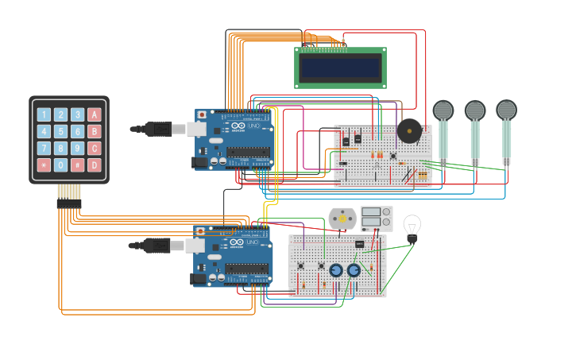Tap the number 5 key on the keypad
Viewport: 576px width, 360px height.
tap(61, 131)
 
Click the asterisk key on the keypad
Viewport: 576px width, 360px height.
tap(44, 165)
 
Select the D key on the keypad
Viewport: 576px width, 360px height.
tap(95, 165)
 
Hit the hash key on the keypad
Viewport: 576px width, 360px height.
tap(78, 165)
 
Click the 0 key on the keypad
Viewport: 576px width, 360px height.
tap(61, 165)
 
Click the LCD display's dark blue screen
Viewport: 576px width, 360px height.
tap(340, 68)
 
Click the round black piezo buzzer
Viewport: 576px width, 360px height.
tap(409, 130)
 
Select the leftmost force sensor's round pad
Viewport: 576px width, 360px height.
tap(443, 110)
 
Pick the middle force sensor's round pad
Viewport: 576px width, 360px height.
tap(475, 110)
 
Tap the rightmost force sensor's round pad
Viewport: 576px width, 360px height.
tap(506, 110)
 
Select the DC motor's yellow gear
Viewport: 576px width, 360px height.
tap(342, 218)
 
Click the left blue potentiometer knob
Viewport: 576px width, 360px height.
tap(336, 270)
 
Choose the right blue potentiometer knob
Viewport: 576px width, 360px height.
tap(354, 270)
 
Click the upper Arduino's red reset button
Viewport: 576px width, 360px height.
tap(202, 115)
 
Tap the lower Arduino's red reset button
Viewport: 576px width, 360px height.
tap(200, 231)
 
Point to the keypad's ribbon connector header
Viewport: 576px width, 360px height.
tap(69, 203)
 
